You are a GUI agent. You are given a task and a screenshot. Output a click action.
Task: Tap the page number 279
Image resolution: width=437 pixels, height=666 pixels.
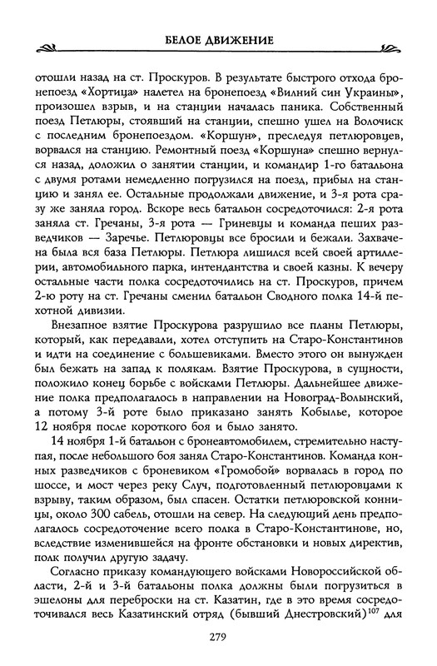[218, 637]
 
